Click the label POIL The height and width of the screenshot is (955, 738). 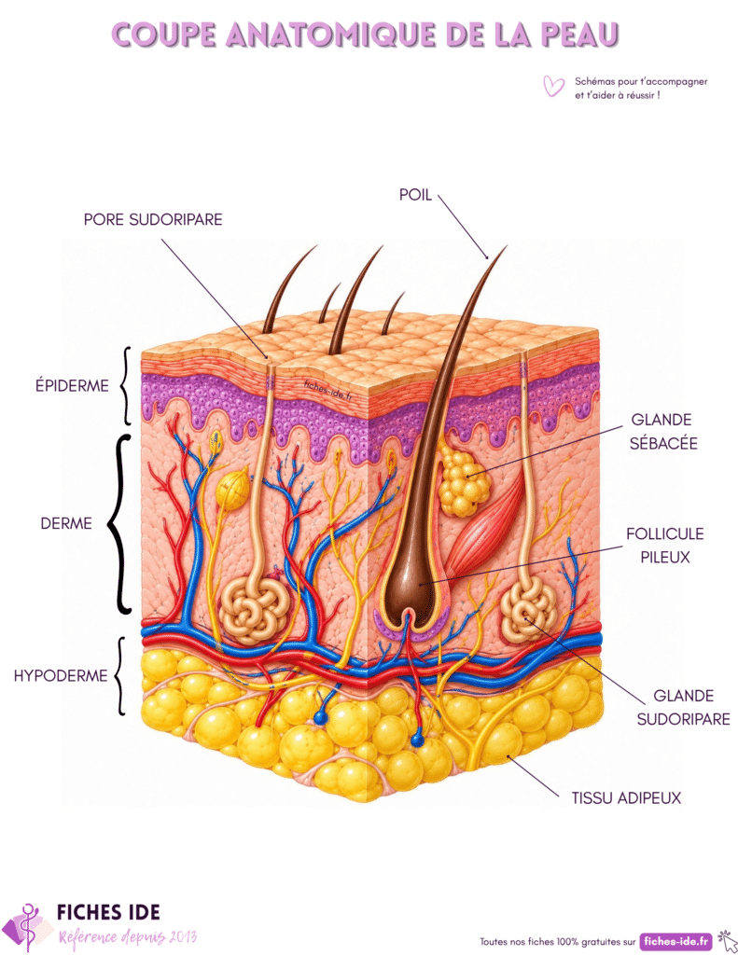[415, 195]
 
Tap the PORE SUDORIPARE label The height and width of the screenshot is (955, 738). [153, 219]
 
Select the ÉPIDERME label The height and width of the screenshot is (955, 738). [72, 385]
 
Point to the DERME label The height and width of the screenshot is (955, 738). [66, 523]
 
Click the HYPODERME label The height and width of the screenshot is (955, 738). [61, 675]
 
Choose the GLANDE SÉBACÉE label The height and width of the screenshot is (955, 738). [663, 431]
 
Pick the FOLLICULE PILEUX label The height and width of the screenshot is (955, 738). [665, 545]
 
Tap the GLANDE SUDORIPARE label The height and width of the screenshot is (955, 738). [683, 707]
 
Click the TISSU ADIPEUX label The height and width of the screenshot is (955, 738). [626, 798]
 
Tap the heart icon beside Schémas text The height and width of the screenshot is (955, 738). [553, 86]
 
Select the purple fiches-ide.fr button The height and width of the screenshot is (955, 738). [676, 941]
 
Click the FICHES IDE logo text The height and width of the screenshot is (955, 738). [108, 912]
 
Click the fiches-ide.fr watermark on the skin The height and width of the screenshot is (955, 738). [327, 389]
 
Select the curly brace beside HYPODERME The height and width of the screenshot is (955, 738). [120, 676]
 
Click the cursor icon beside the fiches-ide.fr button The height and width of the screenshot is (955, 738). [727, 941]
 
